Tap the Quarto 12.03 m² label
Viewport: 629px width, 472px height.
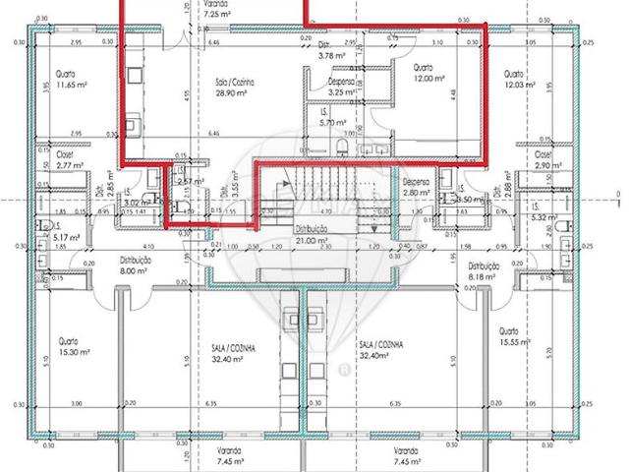coord(518,80)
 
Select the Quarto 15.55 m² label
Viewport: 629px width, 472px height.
coord(515,337)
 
